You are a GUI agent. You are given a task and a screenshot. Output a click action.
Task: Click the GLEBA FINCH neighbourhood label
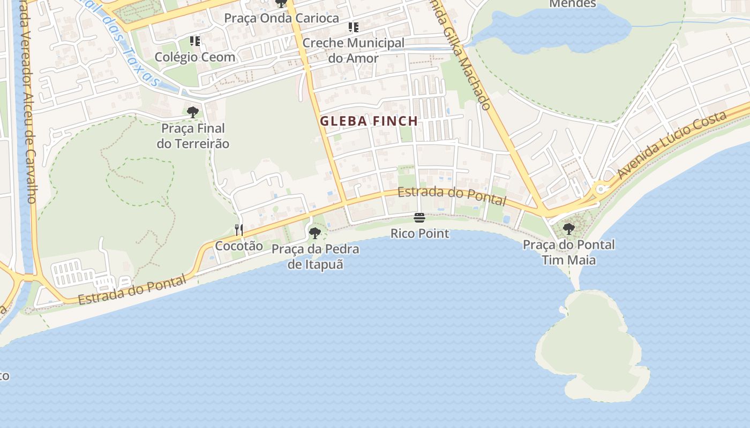[369, 121]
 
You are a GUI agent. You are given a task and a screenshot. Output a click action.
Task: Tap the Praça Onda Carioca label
[281, 18]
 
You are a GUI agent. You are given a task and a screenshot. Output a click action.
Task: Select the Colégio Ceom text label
[195, 57]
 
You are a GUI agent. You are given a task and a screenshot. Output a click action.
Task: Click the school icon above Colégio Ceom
[195, 41]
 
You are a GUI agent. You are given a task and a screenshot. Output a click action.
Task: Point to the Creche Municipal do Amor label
[353, 50]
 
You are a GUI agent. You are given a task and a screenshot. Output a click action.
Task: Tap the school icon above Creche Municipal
[353, 27]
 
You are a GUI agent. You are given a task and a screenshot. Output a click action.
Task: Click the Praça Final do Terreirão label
[193, 136]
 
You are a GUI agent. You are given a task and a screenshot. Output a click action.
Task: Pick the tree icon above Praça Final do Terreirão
[193, 112]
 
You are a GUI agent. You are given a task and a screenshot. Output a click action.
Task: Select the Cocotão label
[239, 246]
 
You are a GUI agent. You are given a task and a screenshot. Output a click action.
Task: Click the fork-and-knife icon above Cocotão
[239, 230]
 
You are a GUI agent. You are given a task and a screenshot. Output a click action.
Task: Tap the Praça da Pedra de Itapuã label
[315, 256]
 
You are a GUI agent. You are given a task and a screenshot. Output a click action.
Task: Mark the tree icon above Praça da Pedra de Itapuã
[315, 233]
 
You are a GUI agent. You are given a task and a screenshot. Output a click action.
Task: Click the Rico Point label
[419, 234]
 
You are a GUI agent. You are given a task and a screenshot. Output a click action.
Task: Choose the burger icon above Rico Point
[419, 218]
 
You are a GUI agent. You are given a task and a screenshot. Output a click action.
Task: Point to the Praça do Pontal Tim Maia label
[569, 253]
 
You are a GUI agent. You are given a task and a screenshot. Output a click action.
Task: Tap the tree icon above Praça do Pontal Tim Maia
[569, 229]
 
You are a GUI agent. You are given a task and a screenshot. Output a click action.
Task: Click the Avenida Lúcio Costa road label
[672, 145]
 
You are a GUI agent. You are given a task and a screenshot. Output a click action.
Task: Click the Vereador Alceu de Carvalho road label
[27, 102]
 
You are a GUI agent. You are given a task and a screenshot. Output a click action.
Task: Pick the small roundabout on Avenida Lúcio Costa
[601, 188]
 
